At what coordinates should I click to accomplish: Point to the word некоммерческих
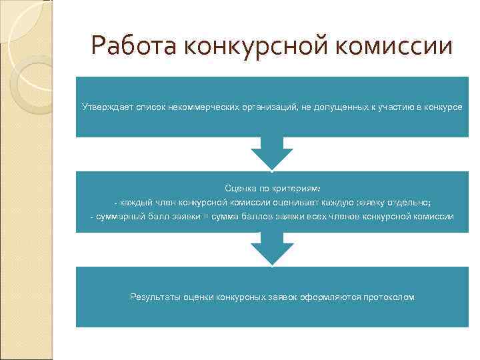[199, 107]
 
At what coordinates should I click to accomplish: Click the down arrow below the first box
[271, 155]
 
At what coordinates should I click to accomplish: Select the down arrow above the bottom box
[271, 250]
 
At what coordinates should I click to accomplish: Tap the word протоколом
[389, 297]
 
